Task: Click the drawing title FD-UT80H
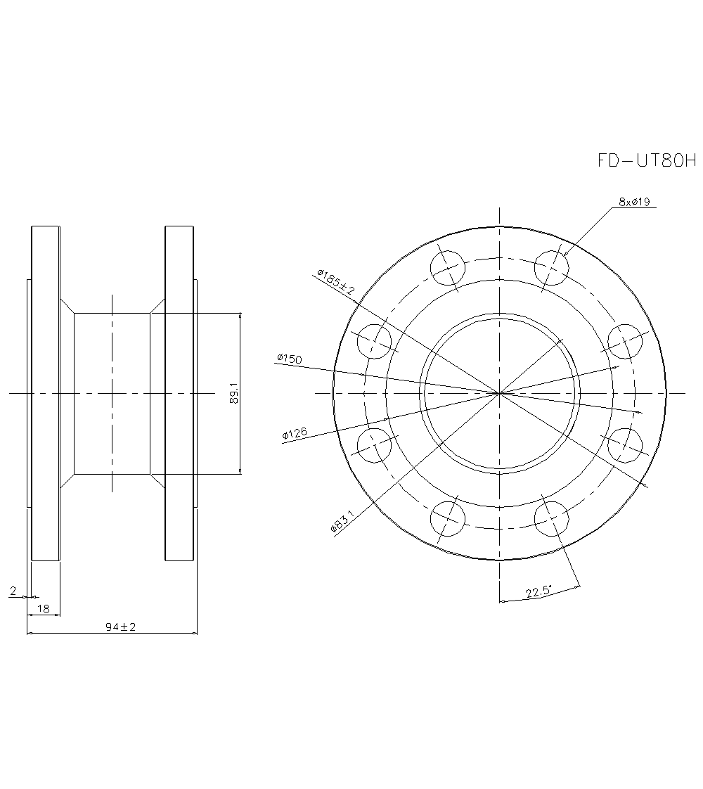click(x=646, y=161)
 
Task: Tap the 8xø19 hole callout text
click(x=633, y=202)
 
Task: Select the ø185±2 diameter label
click(x=336, y=281)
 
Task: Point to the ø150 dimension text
click(x=289, y=359)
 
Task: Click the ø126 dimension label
click(x=294, y=435)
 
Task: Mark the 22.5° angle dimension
click(x=539, y=592)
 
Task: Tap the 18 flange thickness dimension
click(x=44, y=609)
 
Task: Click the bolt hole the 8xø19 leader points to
click(x=551, y=268)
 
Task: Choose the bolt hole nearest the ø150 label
click(x=374, y=341)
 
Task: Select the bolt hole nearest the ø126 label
click(x=374, y=446)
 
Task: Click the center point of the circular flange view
click(x=499, y=393)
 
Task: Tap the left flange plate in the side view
click(x=45, y=393)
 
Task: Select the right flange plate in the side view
click(x=179, y=393)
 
